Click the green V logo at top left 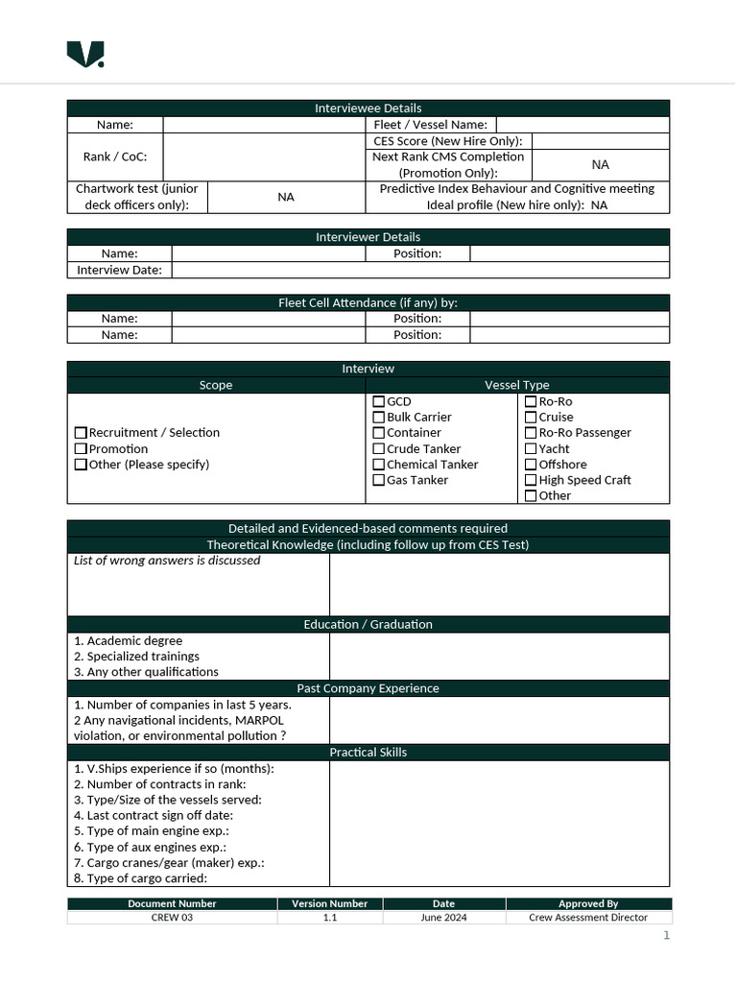pos(84,55)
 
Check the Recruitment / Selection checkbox pos(81,433)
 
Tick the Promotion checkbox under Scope pos(81,449)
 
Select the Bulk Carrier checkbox pos(378,418)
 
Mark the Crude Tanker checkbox pos(378,449)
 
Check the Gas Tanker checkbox pos(378,480)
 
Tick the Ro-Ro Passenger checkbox pos(531,433)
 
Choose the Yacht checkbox pos(531,449)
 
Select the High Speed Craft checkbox pos(531,480)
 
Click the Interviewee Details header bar pos(368,108)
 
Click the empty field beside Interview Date pos(419,271)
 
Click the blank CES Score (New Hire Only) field pos(600,141)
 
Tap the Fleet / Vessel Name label pos(431,125)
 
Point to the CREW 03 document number pos(173,918)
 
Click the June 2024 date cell pos(443,918)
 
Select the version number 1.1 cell pos(330,918)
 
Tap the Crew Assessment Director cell pos(588,918)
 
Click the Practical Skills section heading pos(368,753)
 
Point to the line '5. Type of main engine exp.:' pos(152,831)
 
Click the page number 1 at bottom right pos(666,936)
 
